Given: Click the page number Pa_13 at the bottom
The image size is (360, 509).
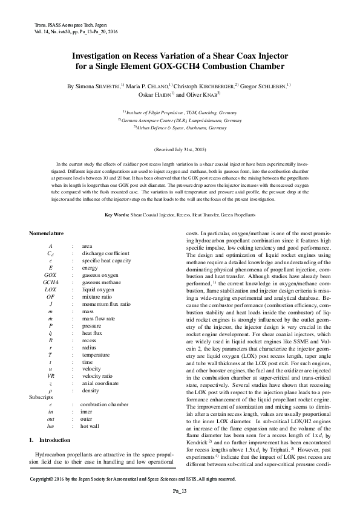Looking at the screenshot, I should (x=180, y=490).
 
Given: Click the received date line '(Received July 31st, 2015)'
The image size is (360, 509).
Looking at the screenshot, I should (x=180, y=149).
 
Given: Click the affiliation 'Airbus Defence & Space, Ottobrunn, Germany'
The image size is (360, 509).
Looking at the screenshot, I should (x=180, y=128).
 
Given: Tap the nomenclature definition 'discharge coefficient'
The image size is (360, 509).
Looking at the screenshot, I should (x=105, y=253).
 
